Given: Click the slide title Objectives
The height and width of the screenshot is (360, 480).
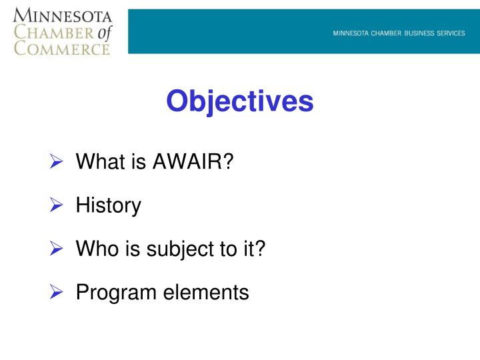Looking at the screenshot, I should coord(239,102).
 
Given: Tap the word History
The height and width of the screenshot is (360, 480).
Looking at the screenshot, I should coord(109,205).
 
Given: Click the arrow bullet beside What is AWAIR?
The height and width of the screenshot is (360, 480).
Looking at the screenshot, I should coord(57,162).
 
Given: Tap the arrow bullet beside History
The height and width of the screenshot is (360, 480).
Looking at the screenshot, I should coord(57,205).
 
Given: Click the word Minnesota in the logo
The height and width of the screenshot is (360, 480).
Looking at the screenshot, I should coord(61,15).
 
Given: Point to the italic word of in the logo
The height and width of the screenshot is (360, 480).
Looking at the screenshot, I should coord(105,31).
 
